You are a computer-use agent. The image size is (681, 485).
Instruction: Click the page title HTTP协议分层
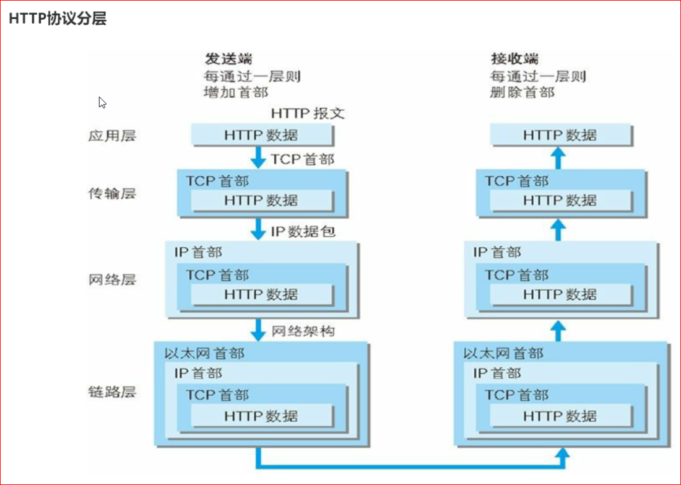58,19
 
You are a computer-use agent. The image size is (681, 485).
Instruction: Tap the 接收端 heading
514,59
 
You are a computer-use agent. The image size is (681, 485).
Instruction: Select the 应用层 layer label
111,136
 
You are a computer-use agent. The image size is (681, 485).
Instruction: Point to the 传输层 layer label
111,193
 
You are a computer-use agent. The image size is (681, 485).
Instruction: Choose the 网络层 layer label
111,279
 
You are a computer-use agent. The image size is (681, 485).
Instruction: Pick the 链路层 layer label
111,392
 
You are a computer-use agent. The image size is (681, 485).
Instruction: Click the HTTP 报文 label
308,114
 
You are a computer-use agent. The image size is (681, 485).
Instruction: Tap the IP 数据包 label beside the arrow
303,232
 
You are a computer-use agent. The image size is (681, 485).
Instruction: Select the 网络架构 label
303,331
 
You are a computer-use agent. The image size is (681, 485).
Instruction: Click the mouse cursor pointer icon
102,102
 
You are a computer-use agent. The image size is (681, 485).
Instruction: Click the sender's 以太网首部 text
204,354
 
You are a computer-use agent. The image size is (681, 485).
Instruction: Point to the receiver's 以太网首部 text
503,354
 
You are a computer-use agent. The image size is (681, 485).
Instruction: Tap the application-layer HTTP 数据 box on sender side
262,135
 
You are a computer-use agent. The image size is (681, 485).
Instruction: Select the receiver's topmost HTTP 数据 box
560,135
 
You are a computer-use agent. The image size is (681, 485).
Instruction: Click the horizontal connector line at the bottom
409,466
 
